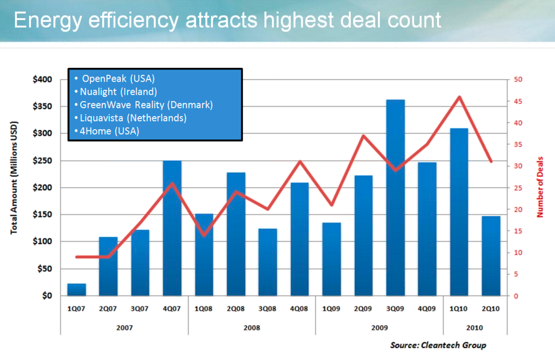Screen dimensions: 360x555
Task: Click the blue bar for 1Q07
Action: (76, 290)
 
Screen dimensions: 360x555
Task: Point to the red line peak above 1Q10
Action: (459, 97)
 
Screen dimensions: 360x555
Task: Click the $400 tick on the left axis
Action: (42, 80)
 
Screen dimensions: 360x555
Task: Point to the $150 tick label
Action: (42, 215)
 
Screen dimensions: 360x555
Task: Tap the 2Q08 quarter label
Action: (236, 309)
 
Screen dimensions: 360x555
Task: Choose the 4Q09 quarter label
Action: (427, 309)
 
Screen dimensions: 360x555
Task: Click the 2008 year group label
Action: (251, 327)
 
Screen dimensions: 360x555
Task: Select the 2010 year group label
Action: (475, 327)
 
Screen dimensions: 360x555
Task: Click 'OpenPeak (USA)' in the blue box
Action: (118, 79)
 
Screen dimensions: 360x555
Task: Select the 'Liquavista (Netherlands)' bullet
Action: (132, 117)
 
